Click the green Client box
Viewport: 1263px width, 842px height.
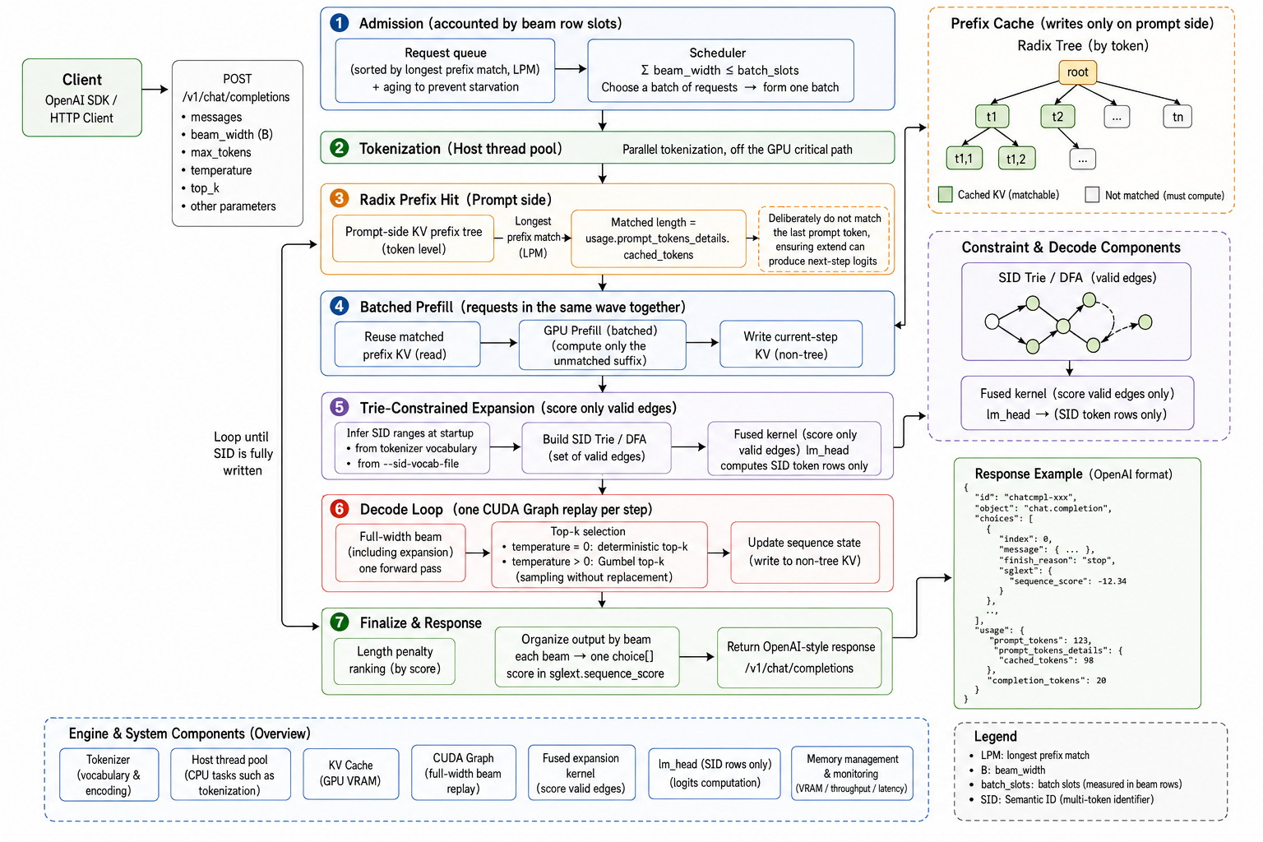pyautogui.click(x=81, y=98)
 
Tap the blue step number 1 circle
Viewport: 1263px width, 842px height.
pyautogui.click(x=339, y=23)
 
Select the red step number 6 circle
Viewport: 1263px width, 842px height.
pyautogui.click(x=339, y=509)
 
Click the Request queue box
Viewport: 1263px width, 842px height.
pyautogui.click(x=445, y=70)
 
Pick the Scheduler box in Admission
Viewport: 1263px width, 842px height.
pyautogui.click(x=720, y=70)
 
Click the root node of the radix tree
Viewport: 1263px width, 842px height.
pyautogui.click(x=1077, y=72)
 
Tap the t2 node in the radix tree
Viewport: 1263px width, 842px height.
pyautogui.click(x=1057, y=117)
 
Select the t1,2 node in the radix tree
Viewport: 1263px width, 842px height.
pyautogui.click(x=1016, y=159)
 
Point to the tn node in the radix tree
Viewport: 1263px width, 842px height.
pyautogui.click(x=1177, y=117)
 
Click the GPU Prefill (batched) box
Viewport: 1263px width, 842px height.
pyautogui.click(x=602, y=345)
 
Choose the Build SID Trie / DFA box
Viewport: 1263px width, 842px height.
pyautogui.click(x=596, y=448)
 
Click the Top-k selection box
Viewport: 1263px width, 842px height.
pyautogui.click(x=599, y=554)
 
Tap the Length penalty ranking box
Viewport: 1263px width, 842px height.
pyautogui.click(x=395, y=660)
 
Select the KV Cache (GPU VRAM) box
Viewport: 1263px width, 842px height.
pyautogui.click(x=351, y=773)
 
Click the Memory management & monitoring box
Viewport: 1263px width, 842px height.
pyautogui.click(x=852, y=773)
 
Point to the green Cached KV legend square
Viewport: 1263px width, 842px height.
pyautogui.click(x=945, y=195)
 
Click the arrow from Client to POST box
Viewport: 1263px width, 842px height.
pyautogui.click(x=155, y=89)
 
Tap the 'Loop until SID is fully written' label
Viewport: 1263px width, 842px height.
pyautogui.click(x=242, y=453)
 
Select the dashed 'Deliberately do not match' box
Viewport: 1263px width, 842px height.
pyautogui.click(x=823, y=239)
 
